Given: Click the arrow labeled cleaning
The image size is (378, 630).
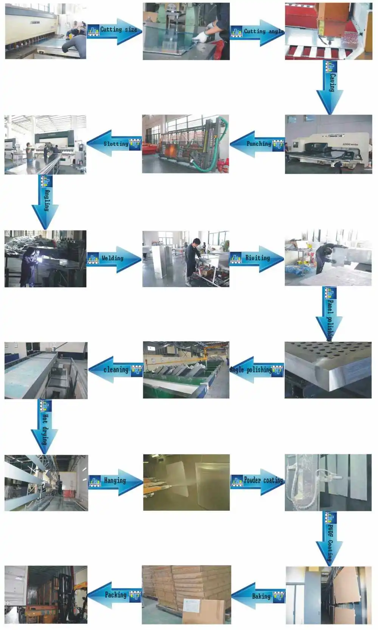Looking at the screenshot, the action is point(115,370).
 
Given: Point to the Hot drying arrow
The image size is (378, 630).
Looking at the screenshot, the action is point(45,427).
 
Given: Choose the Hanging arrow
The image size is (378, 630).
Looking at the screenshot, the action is point(116,481).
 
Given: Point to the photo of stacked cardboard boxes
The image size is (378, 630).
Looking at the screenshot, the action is point(186,594).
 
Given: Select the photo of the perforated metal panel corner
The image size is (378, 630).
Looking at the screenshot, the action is point(328,370).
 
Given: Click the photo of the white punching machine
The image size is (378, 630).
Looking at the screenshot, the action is point(328,144).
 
